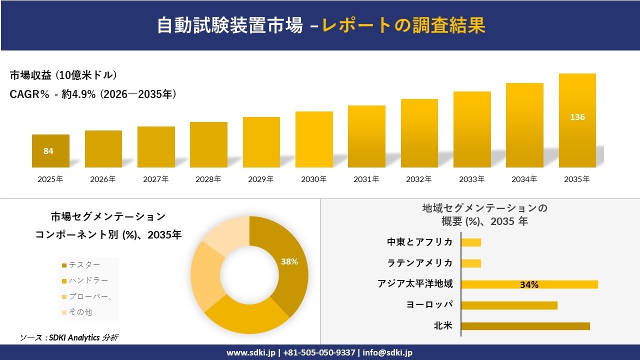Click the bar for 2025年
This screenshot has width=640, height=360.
(50, 151)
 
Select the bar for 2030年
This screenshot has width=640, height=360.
(314, 139)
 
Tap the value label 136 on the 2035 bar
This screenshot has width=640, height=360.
(577, 117)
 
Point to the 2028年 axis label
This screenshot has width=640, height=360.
(208, 179)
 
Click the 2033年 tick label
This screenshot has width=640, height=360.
(471, 179)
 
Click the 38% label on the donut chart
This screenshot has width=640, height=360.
(289, 261)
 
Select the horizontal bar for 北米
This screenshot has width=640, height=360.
(525, 326)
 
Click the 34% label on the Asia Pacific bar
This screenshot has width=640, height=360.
(529, 284)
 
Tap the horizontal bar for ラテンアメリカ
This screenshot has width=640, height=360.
(471, 263)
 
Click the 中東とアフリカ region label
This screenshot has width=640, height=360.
(419, 242)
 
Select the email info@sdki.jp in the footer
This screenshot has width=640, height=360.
(387, 352)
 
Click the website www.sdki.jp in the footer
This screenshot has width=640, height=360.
(250, 352)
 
